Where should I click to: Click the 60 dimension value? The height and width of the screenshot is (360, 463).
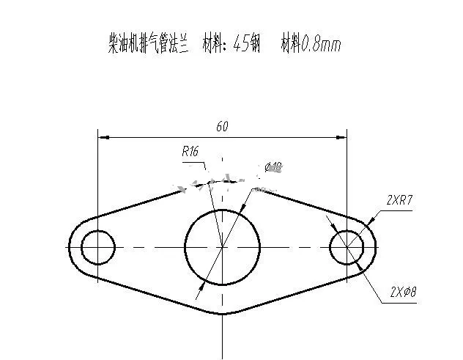tap(222, 127)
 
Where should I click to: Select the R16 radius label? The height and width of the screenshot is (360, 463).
tap(190, 152)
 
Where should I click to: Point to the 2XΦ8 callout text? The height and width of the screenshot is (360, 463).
tap(402, 292)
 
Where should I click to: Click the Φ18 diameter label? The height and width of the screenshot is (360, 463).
tap(273, 167)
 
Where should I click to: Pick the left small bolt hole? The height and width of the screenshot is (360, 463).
tap(97, 247)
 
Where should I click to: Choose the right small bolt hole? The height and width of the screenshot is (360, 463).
tap(347, 247)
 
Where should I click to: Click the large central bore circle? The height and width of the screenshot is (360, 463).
tap(222, 247)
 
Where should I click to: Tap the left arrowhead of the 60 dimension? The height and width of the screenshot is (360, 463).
tap(103, 136)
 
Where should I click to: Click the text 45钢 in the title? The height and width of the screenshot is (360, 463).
tap(246, 45)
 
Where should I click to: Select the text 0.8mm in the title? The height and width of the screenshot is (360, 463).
tap(323, 45)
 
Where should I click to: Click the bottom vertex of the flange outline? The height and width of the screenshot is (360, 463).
tap(222, 314)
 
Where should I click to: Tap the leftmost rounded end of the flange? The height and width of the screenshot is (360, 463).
tap(70, 247)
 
